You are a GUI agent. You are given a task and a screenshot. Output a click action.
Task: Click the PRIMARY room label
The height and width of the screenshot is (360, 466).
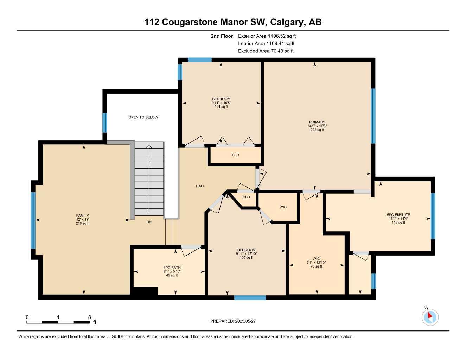pyautogui.click(x=317, y=122)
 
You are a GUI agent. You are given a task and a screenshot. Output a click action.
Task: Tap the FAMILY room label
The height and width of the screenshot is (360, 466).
pyautogui.click(x=83, y=216)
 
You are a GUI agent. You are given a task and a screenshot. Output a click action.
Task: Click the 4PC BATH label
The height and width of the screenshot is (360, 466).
pyautogui.click(x=172, y=268)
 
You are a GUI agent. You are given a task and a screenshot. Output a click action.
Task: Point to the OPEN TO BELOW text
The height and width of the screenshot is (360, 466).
pyautogui.click(x=143, y=117)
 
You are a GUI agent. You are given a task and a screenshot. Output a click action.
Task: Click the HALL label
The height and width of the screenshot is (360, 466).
pyautogui.click(x=200, y=186)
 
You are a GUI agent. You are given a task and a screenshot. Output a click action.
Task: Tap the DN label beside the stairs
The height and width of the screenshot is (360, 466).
pyautogui.click(x=149, y=222)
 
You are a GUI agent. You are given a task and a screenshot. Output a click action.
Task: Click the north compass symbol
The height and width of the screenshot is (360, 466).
pyautogui.click(x=430, y=317)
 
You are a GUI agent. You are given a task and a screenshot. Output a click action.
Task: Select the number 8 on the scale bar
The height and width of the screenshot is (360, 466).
pyautogui.click(x=89, y=317)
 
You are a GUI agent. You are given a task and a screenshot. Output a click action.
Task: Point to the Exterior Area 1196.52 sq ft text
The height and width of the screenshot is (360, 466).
pyautogui.click(x=267, y=36)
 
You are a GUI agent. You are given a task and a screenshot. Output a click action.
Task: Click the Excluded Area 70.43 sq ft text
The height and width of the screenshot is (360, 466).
pyautogui.click(x=266, y=51)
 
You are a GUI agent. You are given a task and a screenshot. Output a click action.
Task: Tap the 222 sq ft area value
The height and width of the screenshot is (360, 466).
pyautogui.click(x=317, y=130)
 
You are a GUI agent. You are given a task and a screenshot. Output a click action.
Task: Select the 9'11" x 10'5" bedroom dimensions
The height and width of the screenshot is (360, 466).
pyautogui.click(x=221, y=103)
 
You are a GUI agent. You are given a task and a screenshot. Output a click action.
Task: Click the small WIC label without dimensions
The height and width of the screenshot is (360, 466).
pyautogui.click(x=283, y=207)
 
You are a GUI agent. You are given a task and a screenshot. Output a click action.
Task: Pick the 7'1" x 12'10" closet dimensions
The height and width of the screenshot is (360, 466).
pyautogui.click(x=316, y=263)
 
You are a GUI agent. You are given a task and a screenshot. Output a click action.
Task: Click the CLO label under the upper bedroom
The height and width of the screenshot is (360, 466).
pyautogui.click(x=235, y=155)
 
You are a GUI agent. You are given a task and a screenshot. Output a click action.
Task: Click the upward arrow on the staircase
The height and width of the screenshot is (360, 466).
pyautogui.click(x=149, y=148)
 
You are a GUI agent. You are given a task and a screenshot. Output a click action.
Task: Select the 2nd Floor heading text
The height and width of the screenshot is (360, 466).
pyautogui.click(x=222, y=36)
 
